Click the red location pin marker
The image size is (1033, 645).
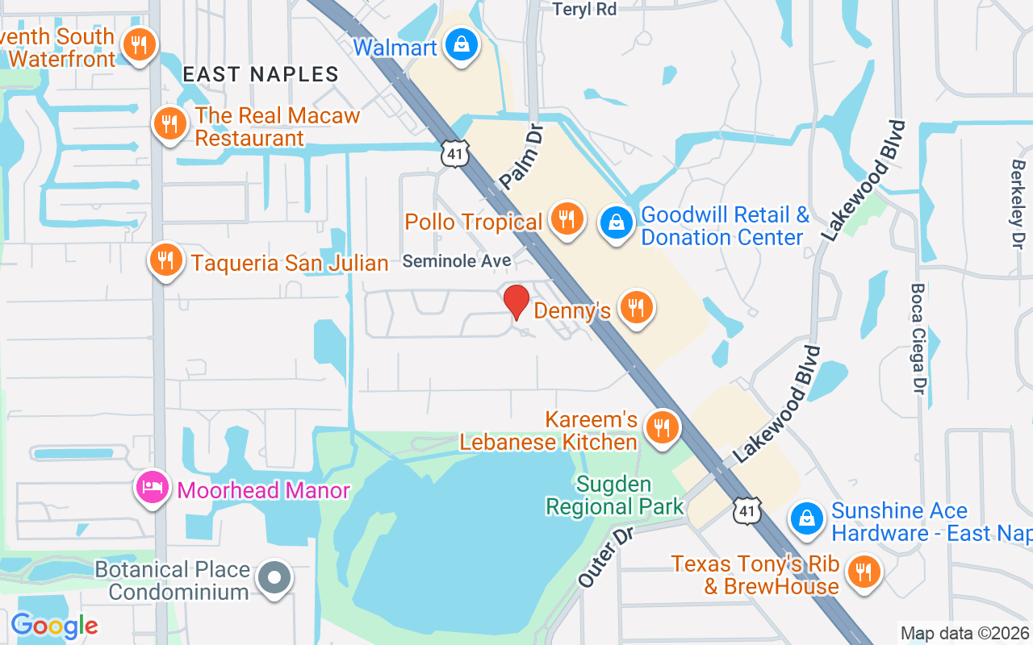click(x=516, y=302)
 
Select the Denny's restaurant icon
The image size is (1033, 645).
click(x=637, y=306)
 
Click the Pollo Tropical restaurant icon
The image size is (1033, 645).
click(x=567, y=218)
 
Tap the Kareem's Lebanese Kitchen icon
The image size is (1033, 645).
click(x=663, y=427)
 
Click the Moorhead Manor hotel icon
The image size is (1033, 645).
click(x=152, y=487)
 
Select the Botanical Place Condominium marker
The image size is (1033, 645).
click(x=274, y=577)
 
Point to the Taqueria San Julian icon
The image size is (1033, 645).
click(x=165, y=260)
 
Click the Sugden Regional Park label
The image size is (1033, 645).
click(x=613, y=496)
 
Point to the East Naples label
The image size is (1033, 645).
click(x=260, y=75)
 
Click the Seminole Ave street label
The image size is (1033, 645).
click(x=457, y=261)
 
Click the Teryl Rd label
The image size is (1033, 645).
click(x=584, y=9)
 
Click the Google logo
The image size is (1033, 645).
click(x=54, y=626)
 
